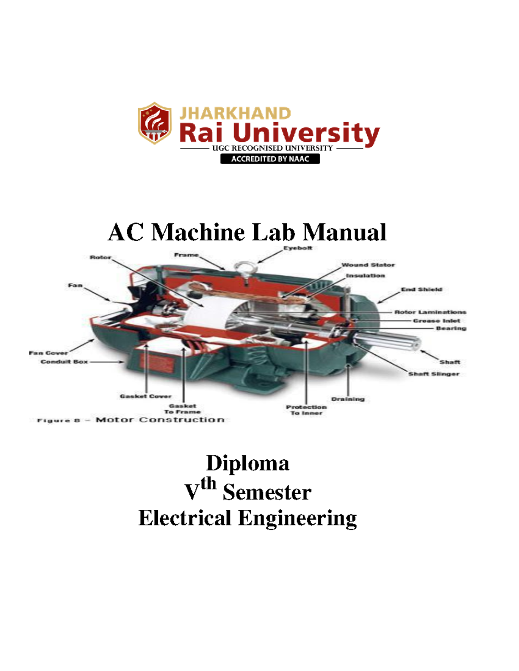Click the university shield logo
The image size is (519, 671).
[x=154, y=123]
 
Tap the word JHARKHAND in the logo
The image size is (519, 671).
[x=235, y=113]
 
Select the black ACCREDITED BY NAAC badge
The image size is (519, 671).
[x=270, y=159]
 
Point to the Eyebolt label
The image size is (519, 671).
[x=298, y=248]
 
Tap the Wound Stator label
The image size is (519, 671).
[x=368, y=265]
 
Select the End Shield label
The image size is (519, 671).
[x=421, y=289]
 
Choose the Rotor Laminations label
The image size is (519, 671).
[x=430, y=312]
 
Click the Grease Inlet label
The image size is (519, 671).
[x=436, y=321]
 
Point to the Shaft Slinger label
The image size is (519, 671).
[x=434, y=374]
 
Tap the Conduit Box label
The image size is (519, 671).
[x=64, y=362]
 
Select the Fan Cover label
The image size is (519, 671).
[x=48, y=353]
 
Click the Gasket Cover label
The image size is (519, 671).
[x=146, y=396]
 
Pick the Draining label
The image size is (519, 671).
[x=348, y=399]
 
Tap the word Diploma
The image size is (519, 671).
[x=247, y=463]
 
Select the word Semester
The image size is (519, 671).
[x=267, y=493]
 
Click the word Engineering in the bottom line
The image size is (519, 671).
[x=298, y=518]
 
